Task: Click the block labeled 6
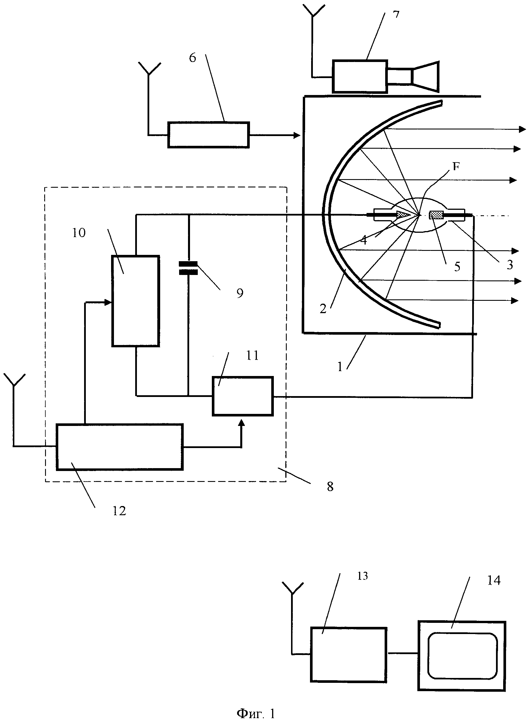208,135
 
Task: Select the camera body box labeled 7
360,76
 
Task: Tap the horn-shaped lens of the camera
426,77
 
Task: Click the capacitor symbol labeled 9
188,268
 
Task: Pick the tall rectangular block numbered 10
135,301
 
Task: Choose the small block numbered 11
243,396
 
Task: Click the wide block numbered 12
120,447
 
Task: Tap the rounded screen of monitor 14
462,655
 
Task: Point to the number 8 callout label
330,487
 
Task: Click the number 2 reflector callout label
323,309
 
